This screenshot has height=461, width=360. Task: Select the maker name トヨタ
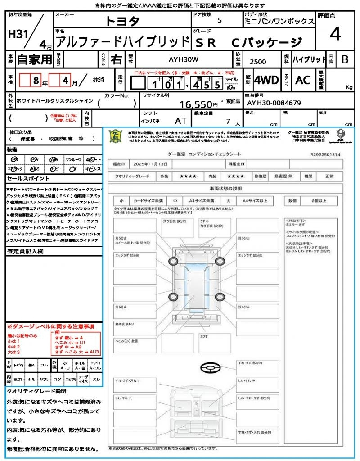click(x=122, y=21)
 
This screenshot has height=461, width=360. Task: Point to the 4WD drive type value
click(x=266, y=80)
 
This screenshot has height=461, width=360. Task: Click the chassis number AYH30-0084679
click(x=274, y=103)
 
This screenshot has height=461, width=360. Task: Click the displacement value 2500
click(x=258, y=62)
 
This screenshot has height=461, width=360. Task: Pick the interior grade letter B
click(x=345, y=59)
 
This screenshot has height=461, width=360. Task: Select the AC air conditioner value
click(x=303, y=80)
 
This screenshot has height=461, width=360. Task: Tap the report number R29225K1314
click(x=325, y=154)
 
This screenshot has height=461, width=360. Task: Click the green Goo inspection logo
click(x=116, y=136)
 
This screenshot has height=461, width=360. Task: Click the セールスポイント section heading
click(x=25, y=178)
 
